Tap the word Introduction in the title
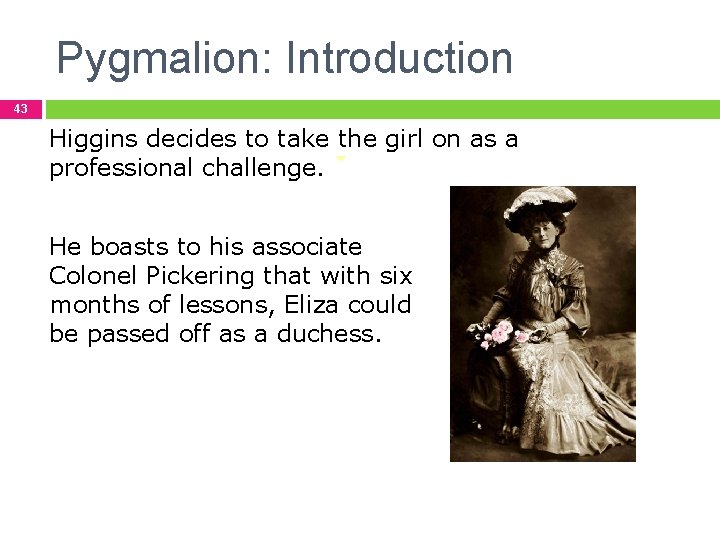[x=399, y=59]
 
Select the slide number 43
[x=21, y=109]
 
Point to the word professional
[x=121, y=168]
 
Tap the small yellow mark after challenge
[x=341, y=158]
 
